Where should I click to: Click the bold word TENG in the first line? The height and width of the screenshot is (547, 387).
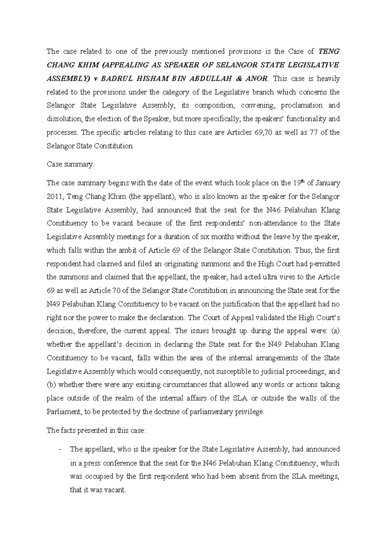pyautogui.click(x=329, y=51)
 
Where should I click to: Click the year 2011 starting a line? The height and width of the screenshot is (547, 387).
pyautogui.click(x=54, y=196)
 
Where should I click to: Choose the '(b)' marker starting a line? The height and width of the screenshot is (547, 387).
pyautogui.click(x=51, y=385)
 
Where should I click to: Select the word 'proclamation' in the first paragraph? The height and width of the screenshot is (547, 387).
pyautogui.click(x=302, y=105)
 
